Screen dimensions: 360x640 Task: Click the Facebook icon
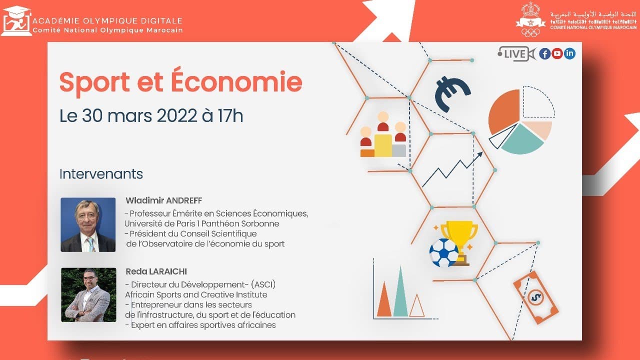pos(545,53)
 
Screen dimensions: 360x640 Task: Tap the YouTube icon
pos(557,53)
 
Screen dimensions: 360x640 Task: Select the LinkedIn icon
pos(569,53)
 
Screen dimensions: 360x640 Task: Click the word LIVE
pos(514,54)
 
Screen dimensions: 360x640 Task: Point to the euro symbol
pos(451,93)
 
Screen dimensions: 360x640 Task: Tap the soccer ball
pos(443,252)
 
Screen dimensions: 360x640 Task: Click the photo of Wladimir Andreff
pos(88,224)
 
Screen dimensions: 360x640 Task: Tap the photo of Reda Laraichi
pos(88,295)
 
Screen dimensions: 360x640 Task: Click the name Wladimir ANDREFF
pos(163,200)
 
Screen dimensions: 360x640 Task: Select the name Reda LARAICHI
pos(156,271)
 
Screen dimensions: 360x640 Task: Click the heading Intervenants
pos(101,174)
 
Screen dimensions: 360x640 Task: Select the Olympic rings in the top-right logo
pos(530,32)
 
